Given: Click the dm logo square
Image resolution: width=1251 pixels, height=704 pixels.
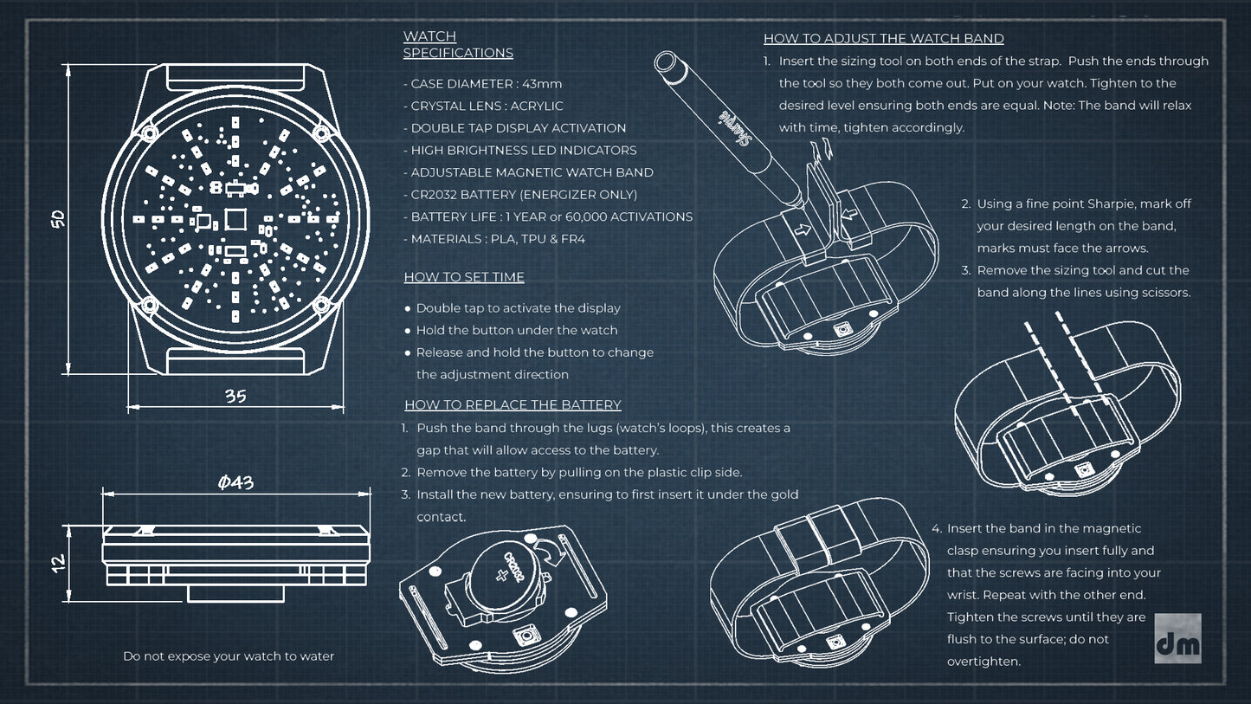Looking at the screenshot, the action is tap(1177, 638).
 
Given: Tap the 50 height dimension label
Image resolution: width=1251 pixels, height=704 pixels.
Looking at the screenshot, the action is tap(58, 219).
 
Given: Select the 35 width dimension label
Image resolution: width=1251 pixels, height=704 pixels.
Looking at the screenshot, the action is tap(235, 396).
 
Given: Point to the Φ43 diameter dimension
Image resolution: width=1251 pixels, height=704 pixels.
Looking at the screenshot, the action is tap(235, 481).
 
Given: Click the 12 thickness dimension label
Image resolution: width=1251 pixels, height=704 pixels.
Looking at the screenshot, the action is tap(58, 563).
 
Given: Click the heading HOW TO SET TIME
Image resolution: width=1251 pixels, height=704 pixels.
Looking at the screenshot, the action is tap(464, 277).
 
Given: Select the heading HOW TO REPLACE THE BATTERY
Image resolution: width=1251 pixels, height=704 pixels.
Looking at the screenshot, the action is tap(513, 404).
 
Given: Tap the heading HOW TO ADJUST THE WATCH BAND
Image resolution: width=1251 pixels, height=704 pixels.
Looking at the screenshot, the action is tap(884, 39).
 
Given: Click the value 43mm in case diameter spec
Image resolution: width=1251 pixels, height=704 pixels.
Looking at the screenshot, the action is tap(542, 84).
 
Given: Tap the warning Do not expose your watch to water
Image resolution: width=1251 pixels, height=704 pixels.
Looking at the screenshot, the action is tap(229, 656).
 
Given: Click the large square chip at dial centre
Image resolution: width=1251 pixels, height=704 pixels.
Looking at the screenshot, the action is tap(235, 219).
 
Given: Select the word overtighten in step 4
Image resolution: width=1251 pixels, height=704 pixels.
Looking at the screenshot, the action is tap(983, 662).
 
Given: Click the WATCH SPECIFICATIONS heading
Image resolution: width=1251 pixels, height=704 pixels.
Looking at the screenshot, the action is tap(458, 45).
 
